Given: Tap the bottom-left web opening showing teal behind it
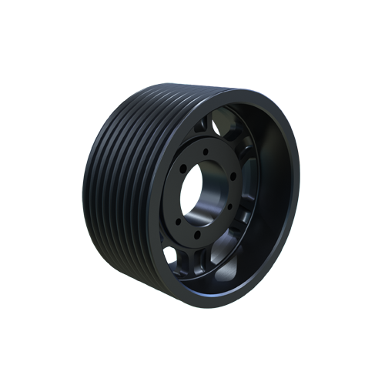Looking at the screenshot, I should (x=174, y=254).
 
